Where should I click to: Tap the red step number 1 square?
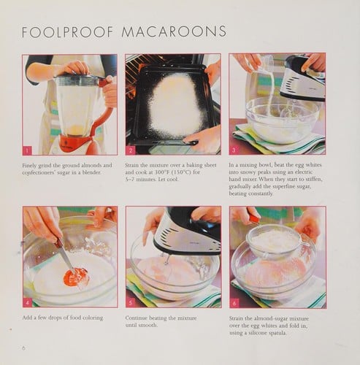tap(28, 150)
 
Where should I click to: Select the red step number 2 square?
tap(131, 150)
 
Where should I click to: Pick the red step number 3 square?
tap(235, 150)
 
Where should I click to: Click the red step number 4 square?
tap(28, 301)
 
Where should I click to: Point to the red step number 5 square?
tap(131, 301)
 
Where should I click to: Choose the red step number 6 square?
tap(235, 301)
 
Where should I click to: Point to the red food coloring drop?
tap(75, 277)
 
